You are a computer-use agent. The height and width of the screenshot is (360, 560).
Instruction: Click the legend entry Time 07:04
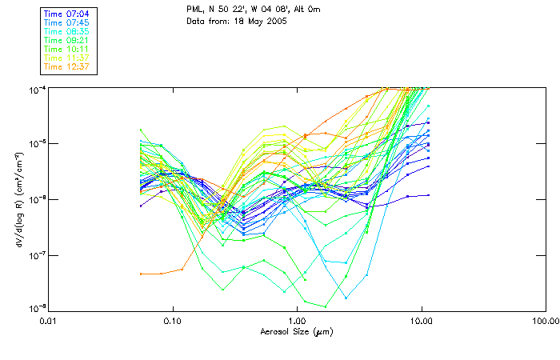pos(66,14)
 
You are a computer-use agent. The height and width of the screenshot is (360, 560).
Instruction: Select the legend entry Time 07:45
pos(66,22)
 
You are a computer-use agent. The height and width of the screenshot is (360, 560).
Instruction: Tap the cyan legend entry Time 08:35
pos(66,31)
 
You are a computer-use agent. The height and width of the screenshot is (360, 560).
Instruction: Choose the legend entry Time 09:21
pos(66,40)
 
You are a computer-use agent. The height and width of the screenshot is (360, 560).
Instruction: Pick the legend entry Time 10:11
pos(66,49)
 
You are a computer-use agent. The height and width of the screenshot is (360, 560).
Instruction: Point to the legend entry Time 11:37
pos(66,58)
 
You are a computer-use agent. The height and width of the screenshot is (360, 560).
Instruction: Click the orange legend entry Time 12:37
pos(66,66)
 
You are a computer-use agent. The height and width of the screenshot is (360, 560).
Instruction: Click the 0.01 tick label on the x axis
pos(50,321)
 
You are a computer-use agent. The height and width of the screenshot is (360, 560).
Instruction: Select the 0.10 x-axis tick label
pos(173,321)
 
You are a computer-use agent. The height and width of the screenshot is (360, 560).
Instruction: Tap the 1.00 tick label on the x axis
pos(297,321)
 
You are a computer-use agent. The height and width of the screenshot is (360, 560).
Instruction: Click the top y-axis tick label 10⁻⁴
pos(34,87)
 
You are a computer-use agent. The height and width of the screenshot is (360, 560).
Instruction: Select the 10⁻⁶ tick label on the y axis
pos(34,199)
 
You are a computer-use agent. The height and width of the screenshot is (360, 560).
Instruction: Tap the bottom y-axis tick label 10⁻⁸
pos(34,309)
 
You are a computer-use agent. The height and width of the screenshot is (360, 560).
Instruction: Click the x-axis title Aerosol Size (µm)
pos(296,331)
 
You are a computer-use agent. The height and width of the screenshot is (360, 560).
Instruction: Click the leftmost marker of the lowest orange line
pos(141,274)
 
